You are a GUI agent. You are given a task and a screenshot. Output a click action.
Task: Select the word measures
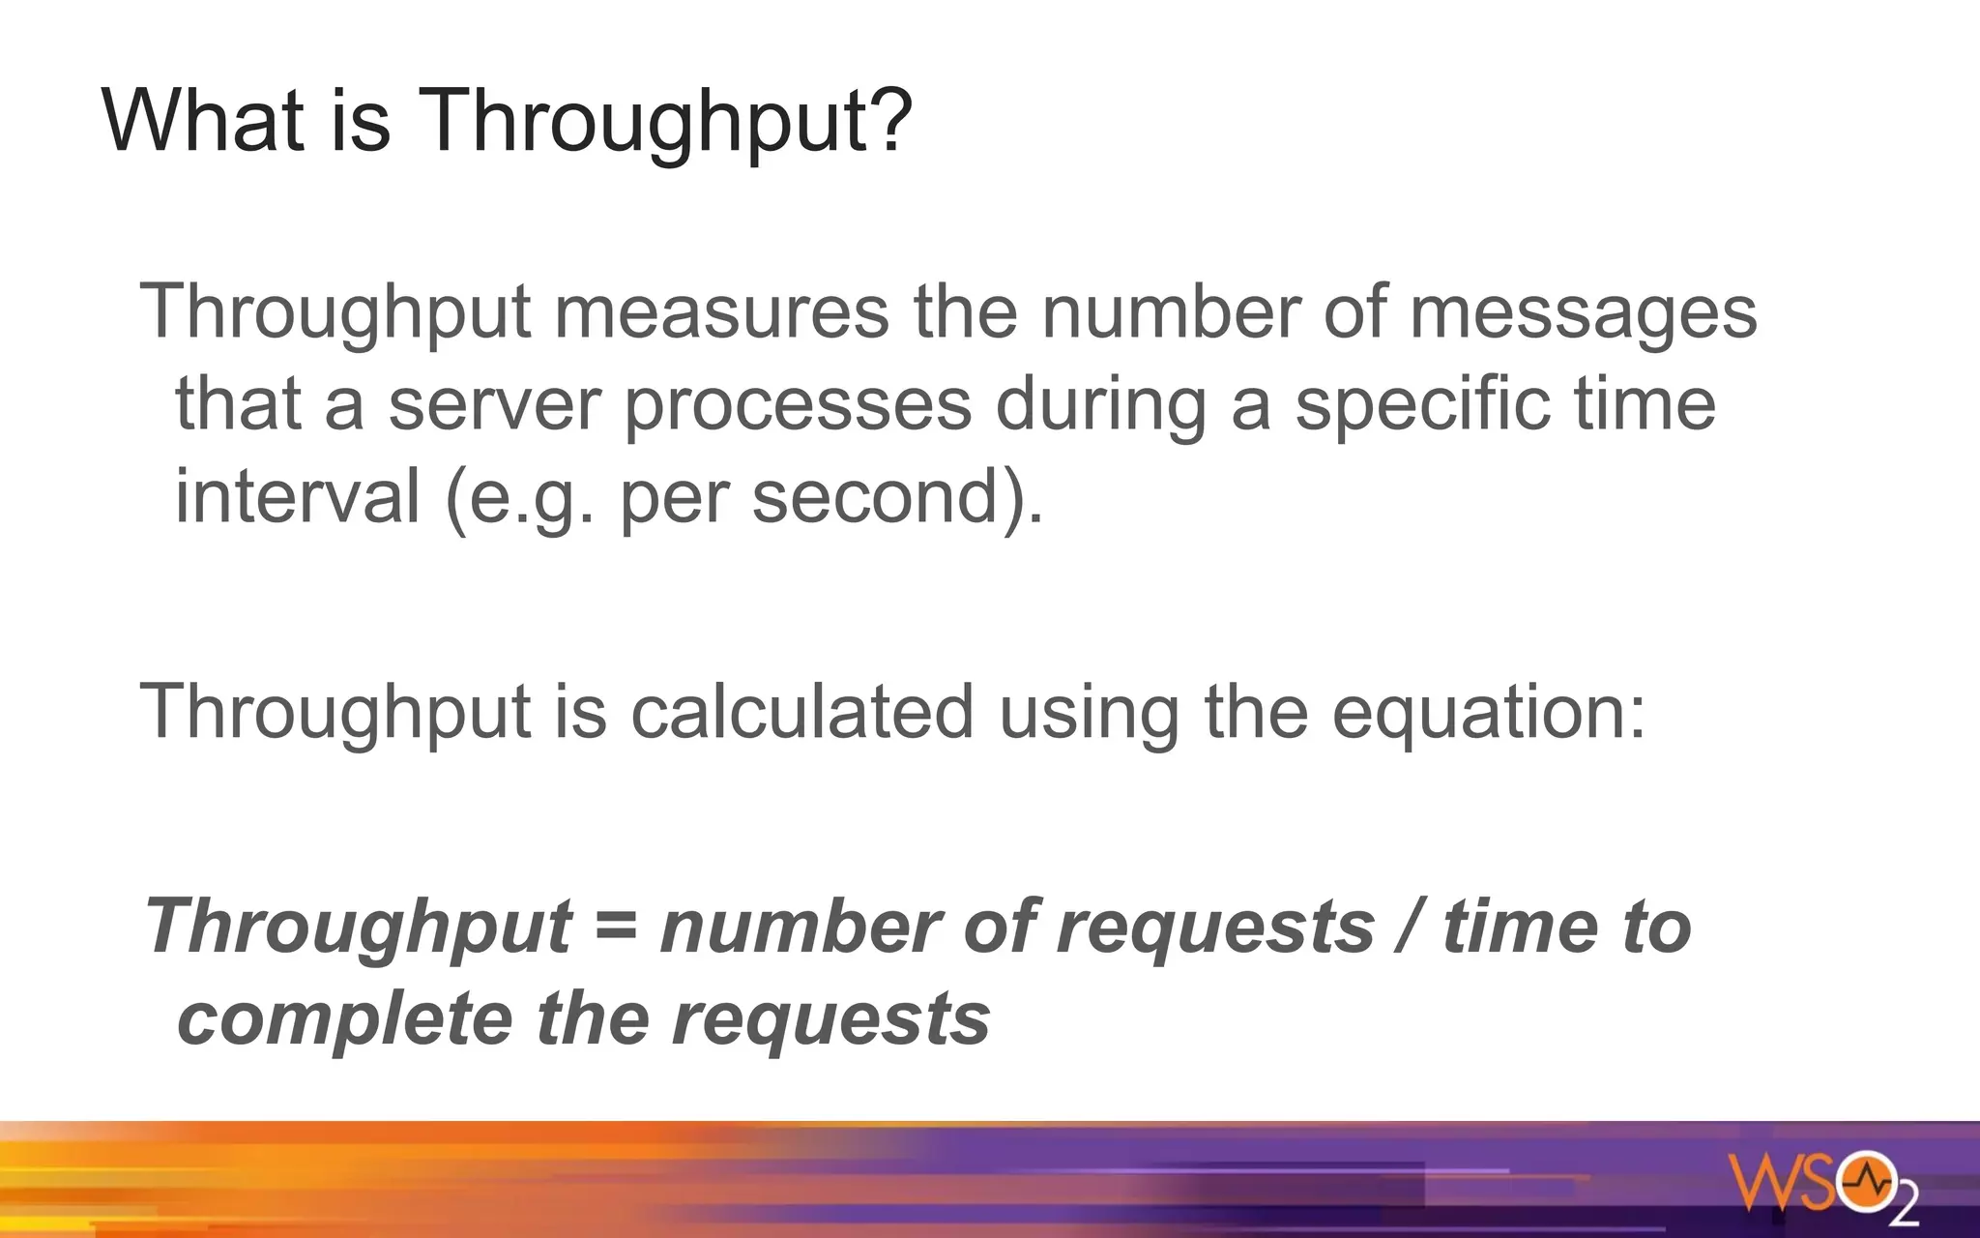721,312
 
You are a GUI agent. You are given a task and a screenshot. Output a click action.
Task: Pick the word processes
798,406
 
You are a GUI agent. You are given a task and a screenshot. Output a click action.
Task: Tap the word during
1101,406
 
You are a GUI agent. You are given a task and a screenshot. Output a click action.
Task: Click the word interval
297,496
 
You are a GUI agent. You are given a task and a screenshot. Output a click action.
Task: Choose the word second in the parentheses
874,496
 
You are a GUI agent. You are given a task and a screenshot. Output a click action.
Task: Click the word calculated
801,712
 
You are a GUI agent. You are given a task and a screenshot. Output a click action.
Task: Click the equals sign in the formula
616,926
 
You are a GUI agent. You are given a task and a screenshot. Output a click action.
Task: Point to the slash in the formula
1409,926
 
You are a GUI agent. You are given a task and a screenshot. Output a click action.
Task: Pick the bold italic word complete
345,1020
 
